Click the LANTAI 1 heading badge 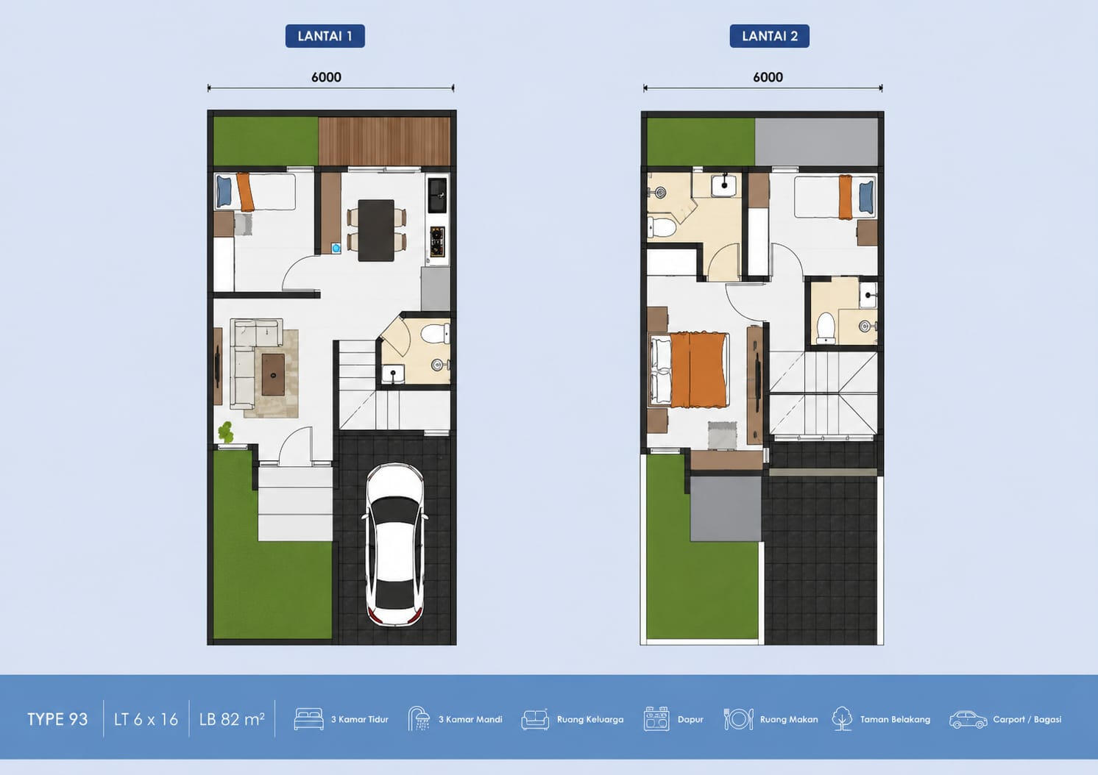click(325, 36)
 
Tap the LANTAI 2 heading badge click(769, 36)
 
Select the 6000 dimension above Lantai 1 click(327, 77)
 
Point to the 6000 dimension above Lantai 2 click(768, 77)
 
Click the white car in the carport click(395, 544)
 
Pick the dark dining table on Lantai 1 click(376, 230)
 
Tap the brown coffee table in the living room click(273, 375)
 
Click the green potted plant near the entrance click(225, 432)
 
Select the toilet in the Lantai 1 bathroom click(435, 333)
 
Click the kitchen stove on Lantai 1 click(437, 241)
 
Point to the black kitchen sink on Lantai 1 click(437, 195)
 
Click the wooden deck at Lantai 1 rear click(384, 141)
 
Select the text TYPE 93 click(57, 719)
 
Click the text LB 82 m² click(232, 719)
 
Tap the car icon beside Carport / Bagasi click(968, 720)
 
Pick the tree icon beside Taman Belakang click(842, 718)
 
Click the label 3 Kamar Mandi click(470, 719)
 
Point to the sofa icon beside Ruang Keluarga click(535, 720)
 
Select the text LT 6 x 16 click(146, 719)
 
